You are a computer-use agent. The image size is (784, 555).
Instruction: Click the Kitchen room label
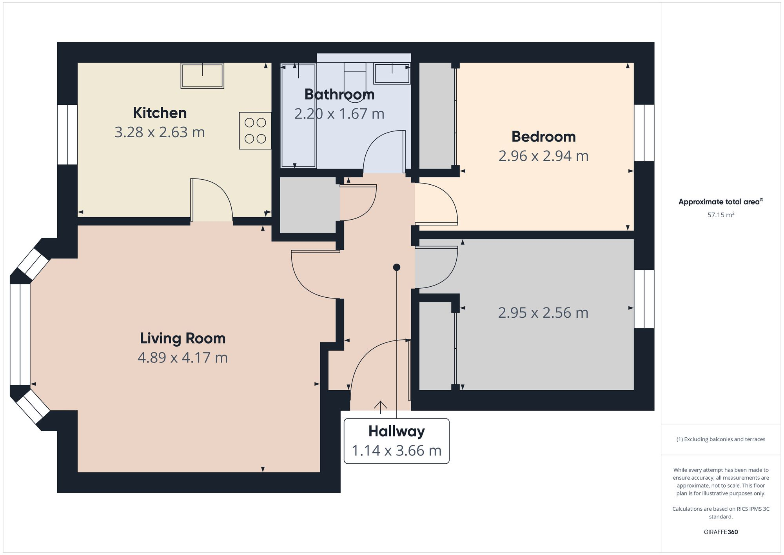point(160,113)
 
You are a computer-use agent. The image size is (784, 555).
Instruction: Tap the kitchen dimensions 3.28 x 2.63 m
point(160,132)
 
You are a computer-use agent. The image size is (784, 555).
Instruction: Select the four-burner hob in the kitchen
point(255,131)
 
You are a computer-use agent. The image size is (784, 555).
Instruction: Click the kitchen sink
point(202,76)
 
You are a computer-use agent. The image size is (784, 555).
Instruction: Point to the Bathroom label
point(339,95)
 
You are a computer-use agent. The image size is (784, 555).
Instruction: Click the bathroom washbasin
point(392,73)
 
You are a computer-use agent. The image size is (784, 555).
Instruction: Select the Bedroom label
point(544,136)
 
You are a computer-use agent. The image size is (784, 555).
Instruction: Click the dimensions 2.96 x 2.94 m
point(544,156)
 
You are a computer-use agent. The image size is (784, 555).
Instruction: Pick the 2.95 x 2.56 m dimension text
point(543,313)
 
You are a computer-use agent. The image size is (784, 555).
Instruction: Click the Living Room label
point(183,338)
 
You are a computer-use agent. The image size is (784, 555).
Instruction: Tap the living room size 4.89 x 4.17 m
point(183,358)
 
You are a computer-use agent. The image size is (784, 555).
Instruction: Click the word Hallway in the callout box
point(397,431)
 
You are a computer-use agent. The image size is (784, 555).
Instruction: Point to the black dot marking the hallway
point(397,267)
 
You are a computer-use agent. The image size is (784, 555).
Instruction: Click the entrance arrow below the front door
point(380,407)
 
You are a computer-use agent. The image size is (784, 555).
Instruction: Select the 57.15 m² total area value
point(721,215)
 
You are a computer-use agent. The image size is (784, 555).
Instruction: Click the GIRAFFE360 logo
point(721,532)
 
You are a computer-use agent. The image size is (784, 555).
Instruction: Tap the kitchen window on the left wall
point(67,135)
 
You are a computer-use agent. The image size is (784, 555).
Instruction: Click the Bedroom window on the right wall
point(644,133)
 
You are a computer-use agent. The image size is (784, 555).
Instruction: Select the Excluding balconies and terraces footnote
point(721,439)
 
